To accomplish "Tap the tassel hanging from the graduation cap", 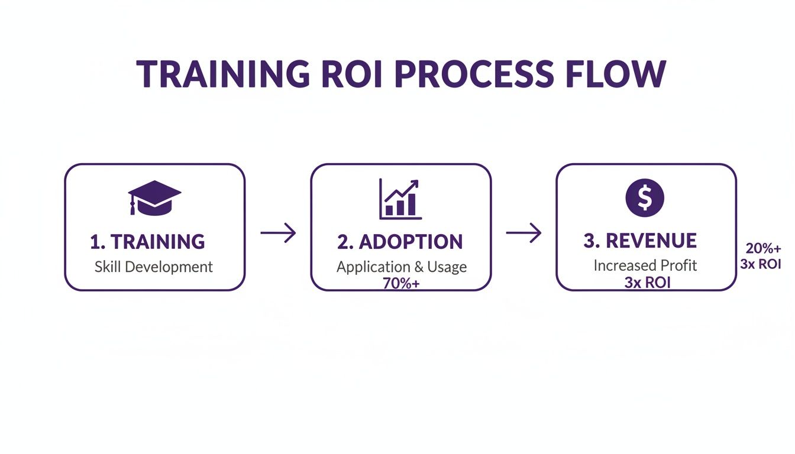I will coord(132,207).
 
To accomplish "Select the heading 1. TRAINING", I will coord(147,242).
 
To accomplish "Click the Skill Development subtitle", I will coord(154,267).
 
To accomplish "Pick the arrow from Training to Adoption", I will coord(278,233).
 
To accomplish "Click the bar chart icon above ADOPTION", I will coord(400,200).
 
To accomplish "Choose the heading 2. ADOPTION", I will coord(400,242).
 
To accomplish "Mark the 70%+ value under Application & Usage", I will coord(401,283).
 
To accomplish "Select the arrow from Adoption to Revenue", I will coord(524,233).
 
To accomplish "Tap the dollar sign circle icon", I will coord(645,198).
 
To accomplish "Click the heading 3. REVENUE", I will coord(640,241).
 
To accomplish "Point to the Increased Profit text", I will coord(645,266).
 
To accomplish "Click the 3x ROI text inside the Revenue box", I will coord(647,283).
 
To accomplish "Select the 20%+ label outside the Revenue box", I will coord(763,249).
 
